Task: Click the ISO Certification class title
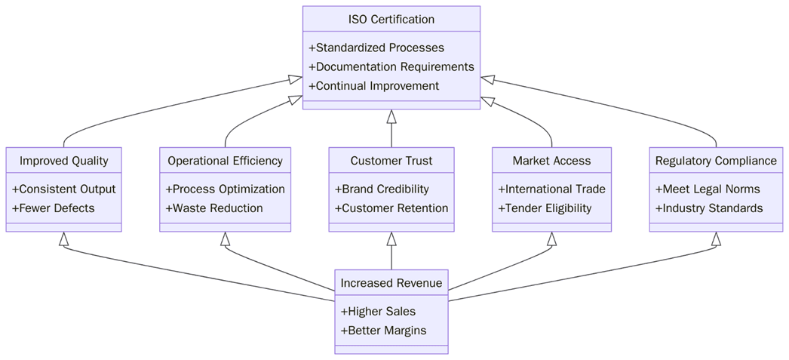pos(391,19)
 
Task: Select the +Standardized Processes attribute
pos(376,48)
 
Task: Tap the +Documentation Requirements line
pos(391,66)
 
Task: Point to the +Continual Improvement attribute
pos(373,86)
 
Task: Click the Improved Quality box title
pos(63,161)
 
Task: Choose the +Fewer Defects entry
pos(53,208)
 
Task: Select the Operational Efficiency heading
pos(225,161)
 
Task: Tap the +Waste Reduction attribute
pos(213,208)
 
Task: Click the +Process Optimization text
pos(225,189)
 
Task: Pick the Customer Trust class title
pos(391,161)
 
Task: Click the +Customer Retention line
pos(391,208)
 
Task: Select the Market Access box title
pos(551,161)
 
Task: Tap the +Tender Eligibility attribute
pos(545,208)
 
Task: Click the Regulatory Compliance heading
pos(715,161)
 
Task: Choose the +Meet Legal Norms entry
pos(707,189)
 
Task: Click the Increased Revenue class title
pos(391,283)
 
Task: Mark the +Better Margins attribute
pos(383,331)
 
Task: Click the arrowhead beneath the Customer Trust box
pos(391,239)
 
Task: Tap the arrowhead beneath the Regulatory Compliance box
pos(716,239)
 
